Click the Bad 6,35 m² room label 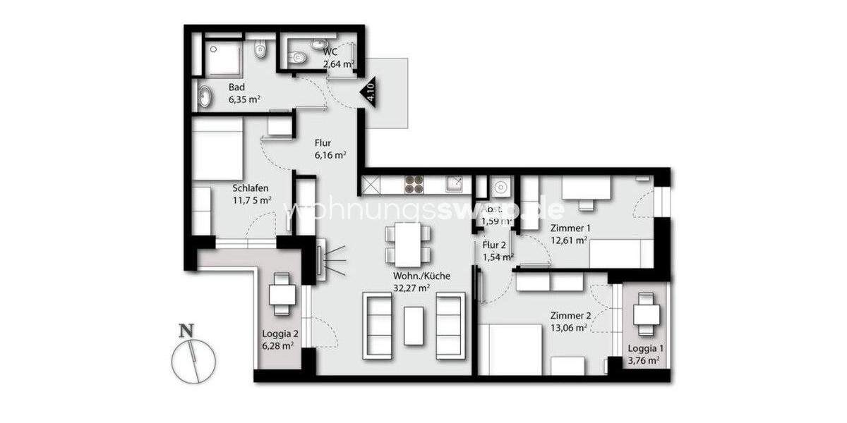(244, 93)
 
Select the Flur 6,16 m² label (330, 149)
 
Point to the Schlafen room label (251, 194)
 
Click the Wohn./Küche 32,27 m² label (422, 281)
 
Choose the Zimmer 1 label (569, 233)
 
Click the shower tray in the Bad (222, 57)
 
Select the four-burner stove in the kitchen (414, 186)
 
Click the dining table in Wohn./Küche (408, 243)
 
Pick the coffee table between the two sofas (414, 325)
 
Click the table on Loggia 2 (282, 291)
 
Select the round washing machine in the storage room (501, 187)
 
